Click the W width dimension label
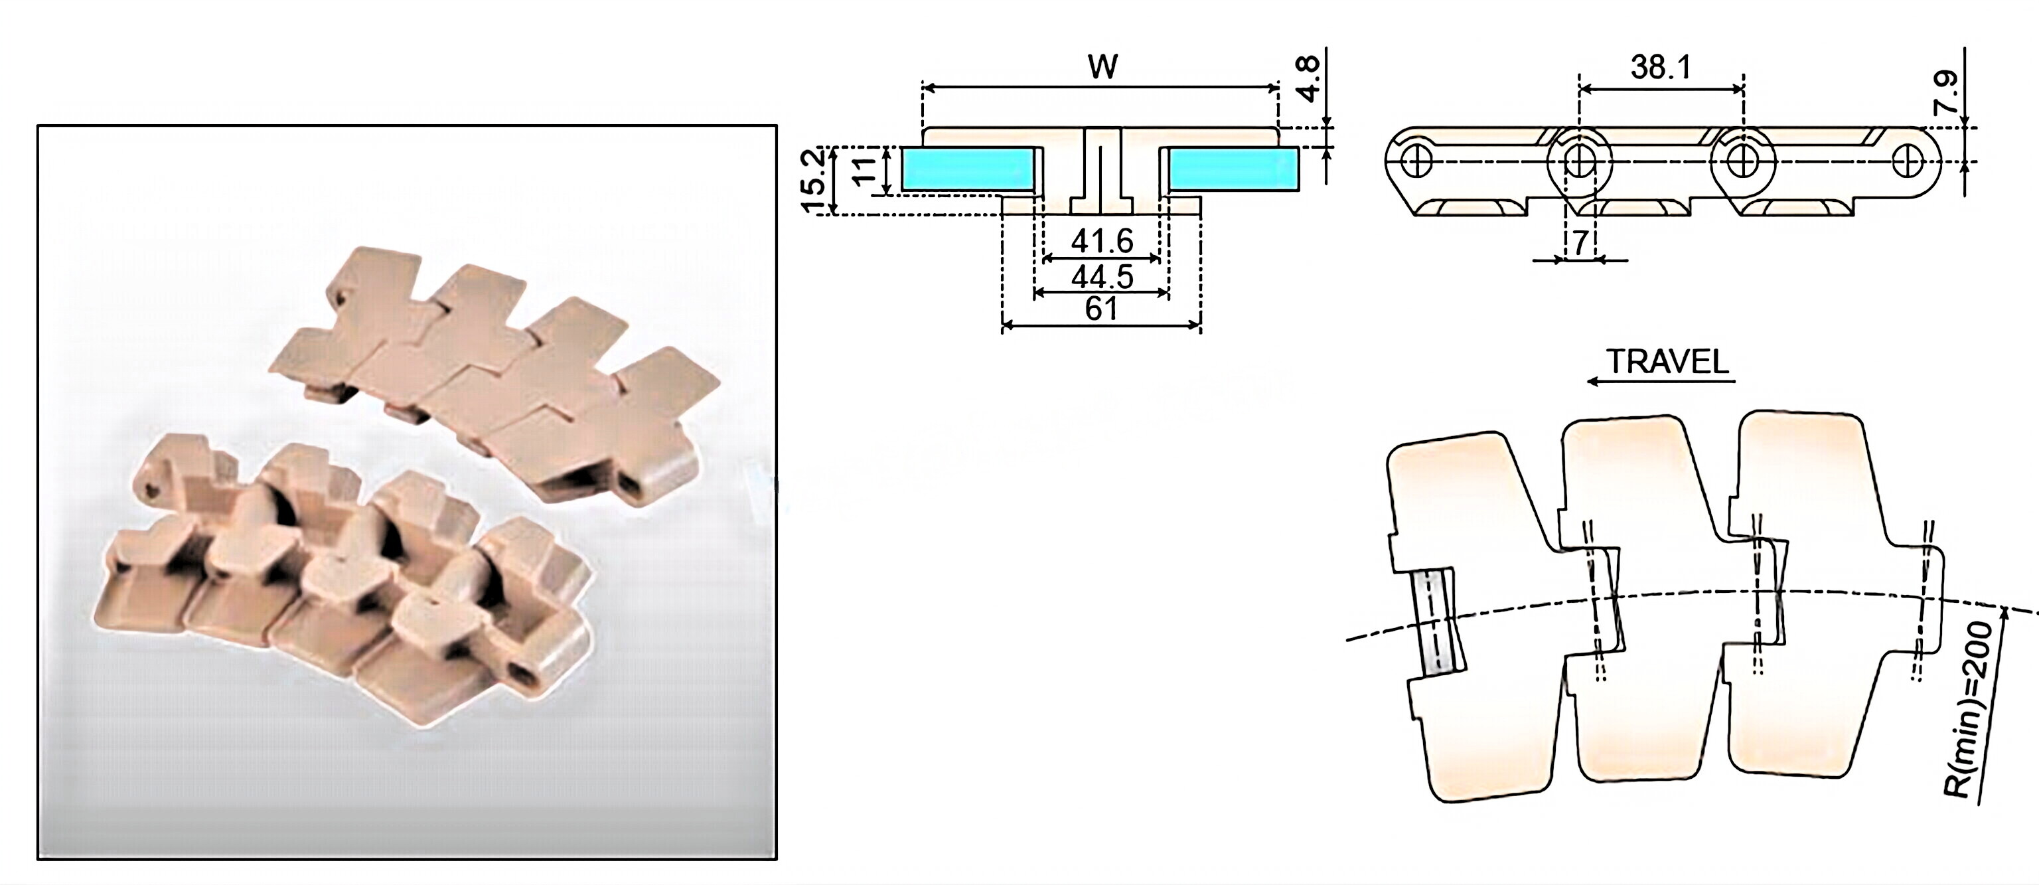coord(1102,66)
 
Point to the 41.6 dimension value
coord(1102,240)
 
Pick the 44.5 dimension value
coord(1102,277)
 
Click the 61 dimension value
coord(1102,309)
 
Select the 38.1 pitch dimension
coord(1661,67)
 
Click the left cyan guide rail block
coord(966,169)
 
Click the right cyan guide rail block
coord(1234,169)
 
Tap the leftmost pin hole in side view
coord(1416,161)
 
